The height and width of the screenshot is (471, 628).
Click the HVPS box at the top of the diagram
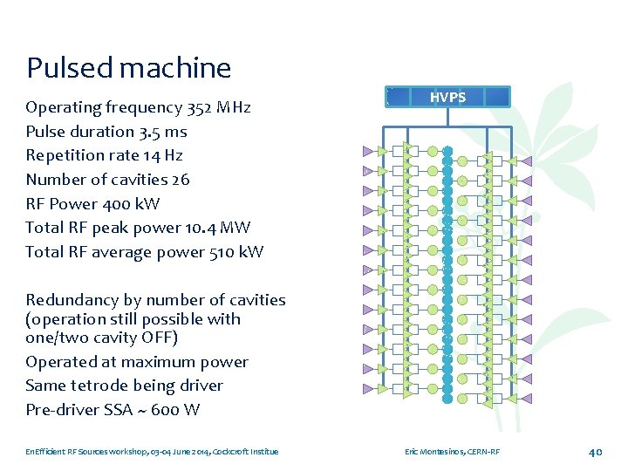tap(447, 97)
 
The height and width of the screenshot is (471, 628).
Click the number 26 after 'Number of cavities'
tap(180, 180)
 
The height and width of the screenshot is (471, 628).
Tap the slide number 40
tap(596, 452)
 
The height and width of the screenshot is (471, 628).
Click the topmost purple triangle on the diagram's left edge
tap(368, 151)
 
